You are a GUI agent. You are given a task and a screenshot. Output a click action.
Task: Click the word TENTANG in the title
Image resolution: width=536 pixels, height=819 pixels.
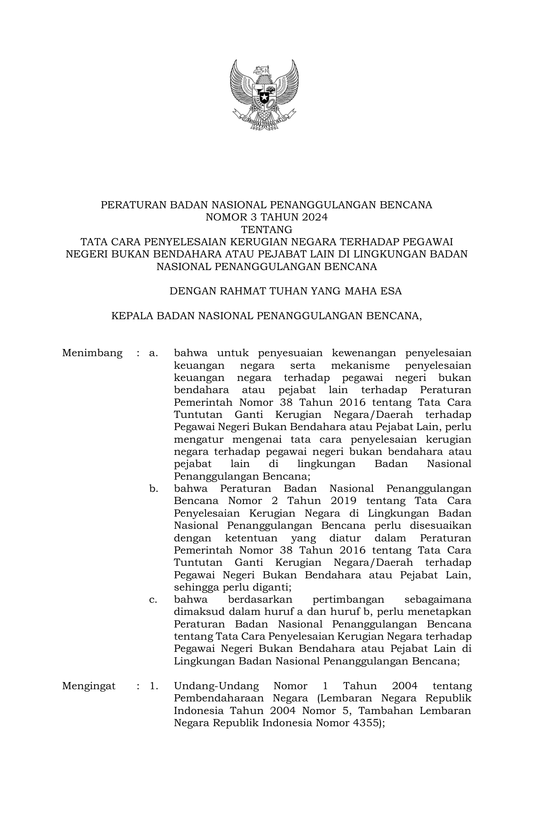[x=266, y=230]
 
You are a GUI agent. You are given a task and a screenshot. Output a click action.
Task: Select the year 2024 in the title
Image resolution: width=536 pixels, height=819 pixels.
[x=312, y=218]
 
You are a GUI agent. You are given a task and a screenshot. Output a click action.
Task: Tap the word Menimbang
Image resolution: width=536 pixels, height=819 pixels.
[x=92, y=353]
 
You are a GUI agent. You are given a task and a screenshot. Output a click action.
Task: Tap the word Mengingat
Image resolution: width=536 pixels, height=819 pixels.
[x=89, y=686]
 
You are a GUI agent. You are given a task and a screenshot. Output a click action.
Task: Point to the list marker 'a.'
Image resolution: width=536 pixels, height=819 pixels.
[x=153, y=353]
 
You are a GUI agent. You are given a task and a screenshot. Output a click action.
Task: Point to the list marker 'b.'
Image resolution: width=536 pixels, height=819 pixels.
[x=153, y=488]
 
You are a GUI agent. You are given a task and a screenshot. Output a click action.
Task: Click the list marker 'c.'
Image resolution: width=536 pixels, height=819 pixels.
[x=153, y=599]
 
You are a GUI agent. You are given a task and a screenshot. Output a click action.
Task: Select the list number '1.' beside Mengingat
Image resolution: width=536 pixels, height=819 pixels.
[x=154, y=686]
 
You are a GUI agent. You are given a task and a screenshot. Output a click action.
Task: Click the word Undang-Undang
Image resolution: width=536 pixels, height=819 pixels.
[x=217, y=686]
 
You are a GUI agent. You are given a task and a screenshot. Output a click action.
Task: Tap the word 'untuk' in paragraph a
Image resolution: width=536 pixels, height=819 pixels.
[x=233, y=353]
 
